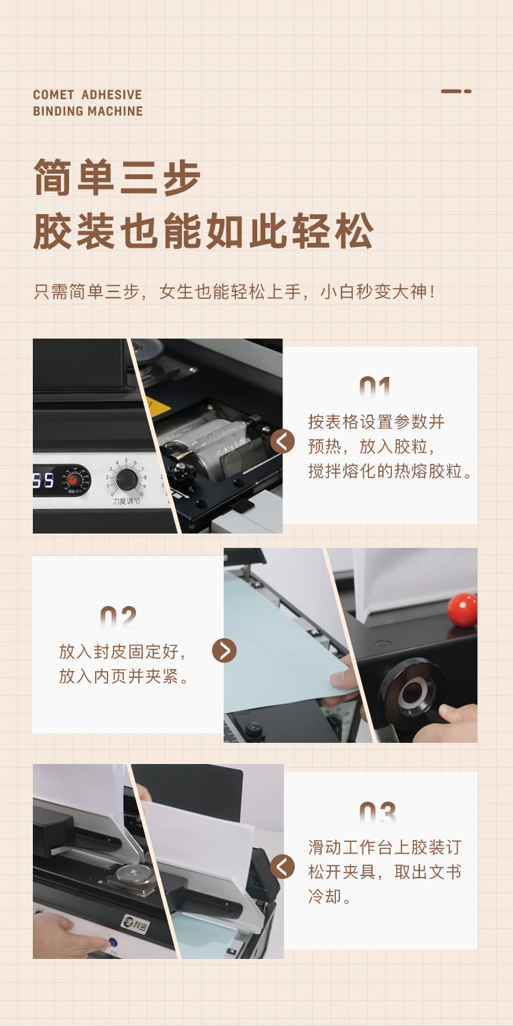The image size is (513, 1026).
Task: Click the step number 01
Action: [375, 388]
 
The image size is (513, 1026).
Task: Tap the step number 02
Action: [118, 617]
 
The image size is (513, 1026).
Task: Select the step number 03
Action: [378, 814]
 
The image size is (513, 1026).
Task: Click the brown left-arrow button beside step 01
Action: [282, 442]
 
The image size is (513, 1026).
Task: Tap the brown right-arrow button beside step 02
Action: [224, 650]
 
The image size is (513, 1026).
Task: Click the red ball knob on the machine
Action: [462, 610]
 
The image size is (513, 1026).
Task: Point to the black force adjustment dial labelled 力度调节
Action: [126, 479]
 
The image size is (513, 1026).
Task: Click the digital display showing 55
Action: [44, 480]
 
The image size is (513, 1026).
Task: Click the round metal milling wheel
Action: [132, 873]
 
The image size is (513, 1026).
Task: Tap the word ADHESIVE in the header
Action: [111, 95]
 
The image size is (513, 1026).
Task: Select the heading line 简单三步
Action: [117, 178]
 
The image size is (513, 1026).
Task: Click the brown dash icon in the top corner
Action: [456, 91]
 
